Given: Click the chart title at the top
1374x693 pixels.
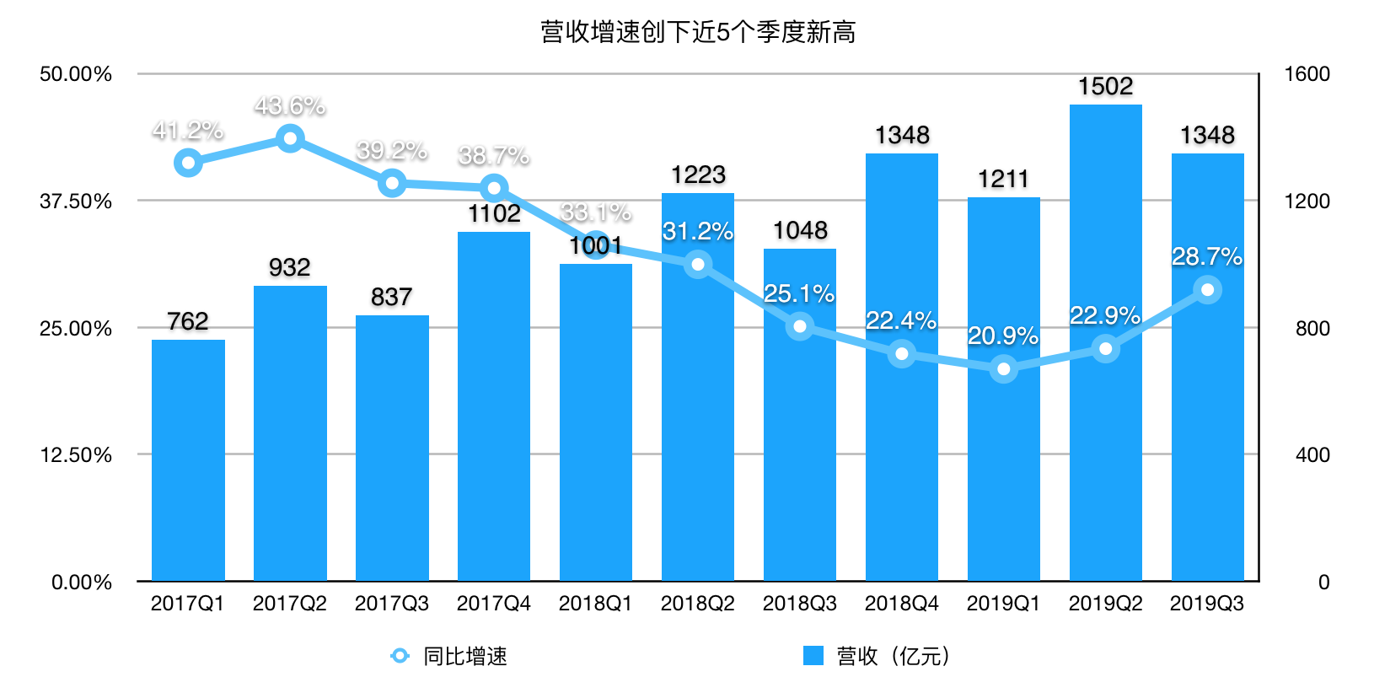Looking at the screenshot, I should [x=698, y=32].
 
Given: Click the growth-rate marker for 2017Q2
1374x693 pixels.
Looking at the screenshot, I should [x=290, y=138].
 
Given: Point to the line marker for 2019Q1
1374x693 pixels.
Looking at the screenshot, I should [x=1003, y=368].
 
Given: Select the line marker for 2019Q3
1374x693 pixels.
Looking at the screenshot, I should [x=1207, y=290].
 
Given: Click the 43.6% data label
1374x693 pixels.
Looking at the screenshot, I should [x=290, y=106].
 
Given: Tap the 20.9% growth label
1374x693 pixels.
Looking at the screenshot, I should [x=1003, y=336].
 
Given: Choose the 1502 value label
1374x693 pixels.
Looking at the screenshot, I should [x=1105, y=86].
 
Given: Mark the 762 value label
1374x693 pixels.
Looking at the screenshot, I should [x=188, y=321].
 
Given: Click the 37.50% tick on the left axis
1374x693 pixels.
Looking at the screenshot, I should [x=76, y=201].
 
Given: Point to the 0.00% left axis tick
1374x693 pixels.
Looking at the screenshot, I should [x=82, y=582].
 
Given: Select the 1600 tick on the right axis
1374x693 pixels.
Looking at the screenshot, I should [x=1307, y=74].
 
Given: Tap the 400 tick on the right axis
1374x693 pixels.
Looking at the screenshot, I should [x=1312, y=455].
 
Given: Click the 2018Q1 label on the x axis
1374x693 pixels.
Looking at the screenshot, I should [x=595, y=604].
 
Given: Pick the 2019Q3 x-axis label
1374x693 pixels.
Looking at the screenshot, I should [x=1207, y=604].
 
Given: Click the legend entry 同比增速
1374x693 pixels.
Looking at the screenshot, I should [x=464, y=656].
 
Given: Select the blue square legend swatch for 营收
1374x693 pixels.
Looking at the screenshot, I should [x=813, y=656].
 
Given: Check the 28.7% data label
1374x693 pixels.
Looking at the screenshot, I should [x=1207, y=256].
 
